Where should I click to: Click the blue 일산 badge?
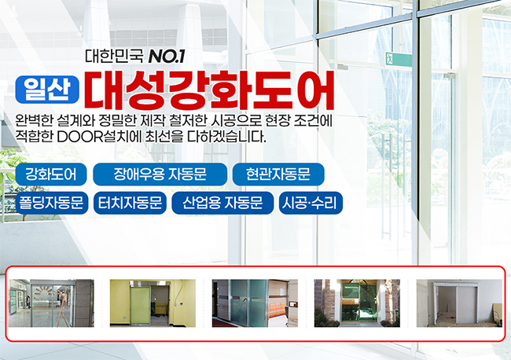47,90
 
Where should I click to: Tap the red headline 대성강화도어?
209,90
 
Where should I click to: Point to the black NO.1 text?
166,56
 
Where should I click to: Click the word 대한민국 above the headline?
114,56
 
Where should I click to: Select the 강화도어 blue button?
51,174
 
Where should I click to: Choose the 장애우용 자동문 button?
160,174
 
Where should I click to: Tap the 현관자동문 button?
278,174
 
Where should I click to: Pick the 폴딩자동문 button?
52,203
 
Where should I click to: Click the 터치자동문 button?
130,203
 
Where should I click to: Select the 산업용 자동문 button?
222,203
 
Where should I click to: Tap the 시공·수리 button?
311,203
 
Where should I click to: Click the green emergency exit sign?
399,60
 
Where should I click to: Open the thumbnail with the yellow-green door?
153,303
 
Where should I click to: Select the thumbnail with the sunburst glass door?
51,303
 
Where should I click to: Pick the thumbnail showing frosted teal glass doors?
255,303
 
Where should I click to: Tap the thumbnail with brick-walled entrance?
357,303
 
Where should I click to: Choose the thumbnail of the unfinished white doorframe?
459,303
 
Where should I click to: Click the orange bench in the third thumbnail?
277,310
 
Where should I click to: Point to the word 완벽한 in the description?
34,121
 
